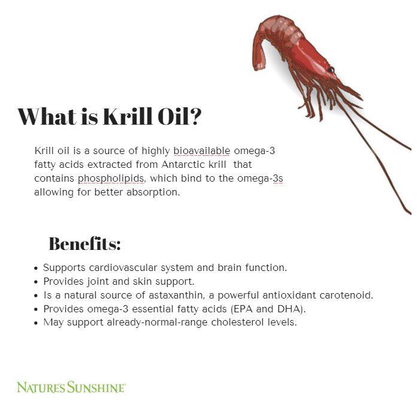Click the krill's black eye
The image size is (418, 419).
(331, 70)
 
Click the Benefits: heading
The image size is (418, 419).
(84, 244)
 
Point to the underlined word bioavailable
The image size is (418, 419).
(202, 150)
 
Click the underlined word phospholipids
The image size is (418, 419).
(111, 179)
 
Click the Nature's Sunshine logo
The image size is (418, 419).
(71, 387)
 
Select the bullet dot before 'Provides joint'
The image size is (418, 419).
(36, 282)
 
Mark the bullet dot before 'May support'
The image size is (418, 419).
(36, 323)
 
